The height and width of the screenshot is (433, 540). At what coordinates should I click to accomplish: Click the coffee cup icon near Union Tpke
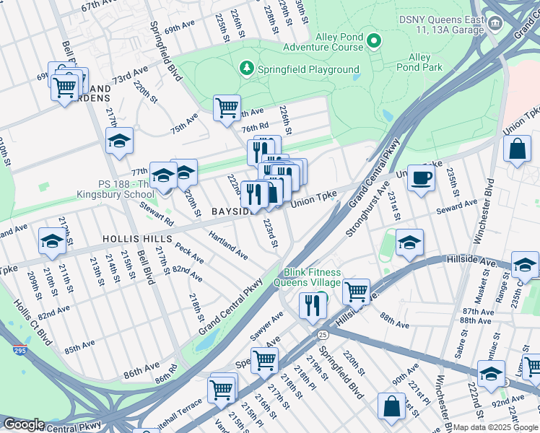(421, 178)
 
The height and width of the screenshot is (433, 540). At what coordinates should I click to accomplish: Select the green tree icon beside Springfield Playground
(247, 69)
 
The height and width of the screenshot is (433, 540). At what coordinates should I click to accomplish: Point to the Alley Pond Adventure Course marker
(373, 40)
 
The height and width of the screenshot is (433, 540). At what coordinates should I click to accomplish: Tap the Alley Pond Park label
(419, 62)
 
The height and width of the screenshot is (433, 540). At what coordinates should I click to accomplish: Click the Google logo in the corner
(23, 424)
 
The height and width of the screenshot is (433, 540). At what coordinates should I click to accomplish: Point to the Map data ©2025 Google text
(495, 427)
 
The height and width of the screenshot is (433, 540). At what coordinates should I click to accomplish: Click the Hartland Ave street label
(228, 245)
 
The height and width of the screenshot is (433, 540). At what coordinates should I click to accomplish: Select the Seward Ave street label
(458, 208)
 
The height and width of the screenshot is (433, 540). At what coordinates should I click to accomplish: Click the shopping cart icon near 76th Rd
(227, 108)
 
